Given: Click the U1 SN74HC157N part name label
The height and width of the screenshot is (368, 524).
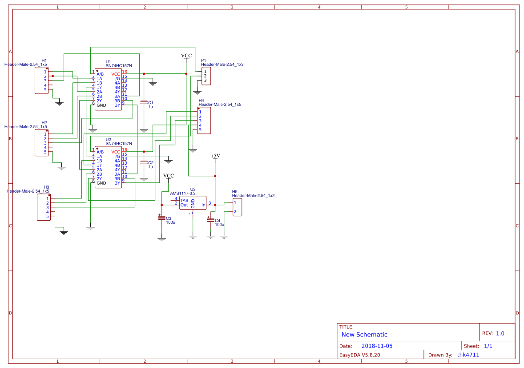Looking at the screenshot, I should (x=118, y=66).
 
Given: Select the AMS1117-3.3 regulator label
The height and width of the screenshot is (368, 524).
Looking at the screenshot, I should (x=183, y=194).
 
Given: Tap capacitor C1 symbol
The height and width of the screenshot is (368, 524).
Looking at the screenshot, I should (x=144, y=102).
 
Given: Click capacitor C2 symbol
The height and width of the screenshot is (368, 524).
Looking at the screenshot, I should (x=144, y=163).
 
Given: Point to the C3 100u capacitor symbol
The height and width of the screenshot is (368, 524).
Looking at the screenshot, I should (x=161, y=217).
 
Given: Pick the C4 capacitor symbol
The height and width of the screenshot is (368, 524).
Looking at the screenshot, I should (x=210, y=219).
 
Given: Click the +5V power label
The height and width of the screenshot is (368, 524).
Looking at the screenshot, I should (x=215, y=156).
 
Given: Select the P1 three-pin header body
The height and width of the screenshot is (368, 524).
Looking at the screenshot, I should (x=206, y=76).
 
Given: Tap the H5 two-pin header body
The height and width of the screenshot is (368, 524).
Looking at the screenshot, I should (x=238, y=207).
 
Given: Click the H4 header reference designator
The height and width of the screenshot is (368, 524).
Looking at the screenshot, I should (x=201, y=101).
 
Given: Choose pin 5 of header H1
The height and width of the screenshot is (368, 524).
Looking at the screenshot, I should (x=45, y=90).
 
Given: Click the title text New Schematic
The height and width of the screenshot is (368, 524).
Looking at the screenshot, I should (x=364, y=335).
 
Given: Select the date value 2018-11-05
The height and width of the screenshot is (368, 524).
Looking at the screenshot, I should (x=377, y=346).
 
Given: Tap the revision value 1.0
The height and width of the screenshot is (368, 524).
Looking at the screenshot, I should (x=500, y=333).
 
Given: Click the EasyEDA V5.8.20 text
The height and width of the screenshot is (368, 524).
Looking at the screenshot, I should (x=360, y=355).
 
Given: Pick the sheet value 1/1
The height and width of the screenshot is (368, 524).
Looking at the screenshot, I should (x=488, y=346).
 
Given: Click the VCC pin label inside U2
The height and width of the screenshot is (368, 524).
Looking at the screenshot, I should (x=116, y=152).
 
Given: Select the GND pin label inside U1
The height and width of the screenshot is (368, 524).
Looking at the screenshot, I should (x=101, y=105).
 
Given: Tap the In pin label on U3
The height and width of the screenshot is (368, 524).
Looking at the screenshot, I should (x=203, y=205).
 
